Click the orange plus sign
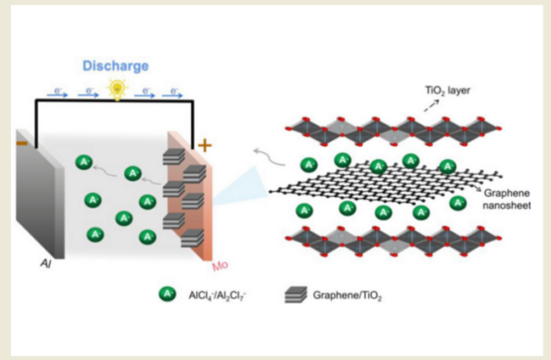click(206, 144)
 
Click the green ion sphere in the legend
click(166, 295)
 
